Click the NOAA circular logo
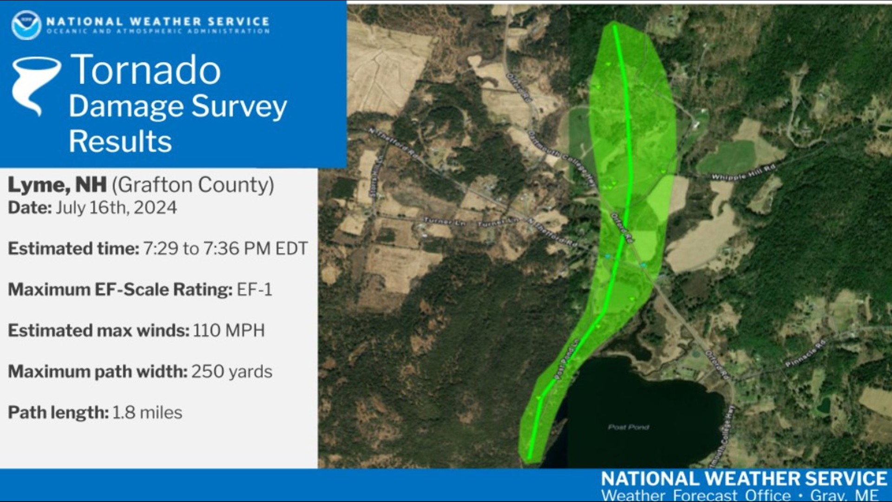click(x=26, y=25)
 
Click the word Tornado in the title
click(x=145, y=70)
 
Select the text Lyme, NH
click(x=57, y=185)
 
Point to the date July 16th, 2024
click(x=116, y=208)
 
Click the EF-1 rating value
click(x=254, y=290)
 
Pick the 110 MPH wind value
click(x=229, y=330)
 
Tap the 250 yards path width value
click(x=232, y=371)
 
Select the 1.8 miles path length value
click(x=147, y=413)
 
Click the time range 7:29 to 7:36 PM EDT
click(x=225, y=249)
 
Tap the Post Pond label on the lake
click(x=628, y=427)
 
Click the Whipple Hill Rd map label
click(x=743, y=172)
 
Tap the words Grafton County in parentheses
click(x=193, y=185)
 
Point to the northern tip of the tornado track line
click(x=615, y=26)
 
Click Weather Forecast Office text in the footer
click(x=695, y=495)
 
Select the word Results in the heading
click(x=120, y=141)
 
